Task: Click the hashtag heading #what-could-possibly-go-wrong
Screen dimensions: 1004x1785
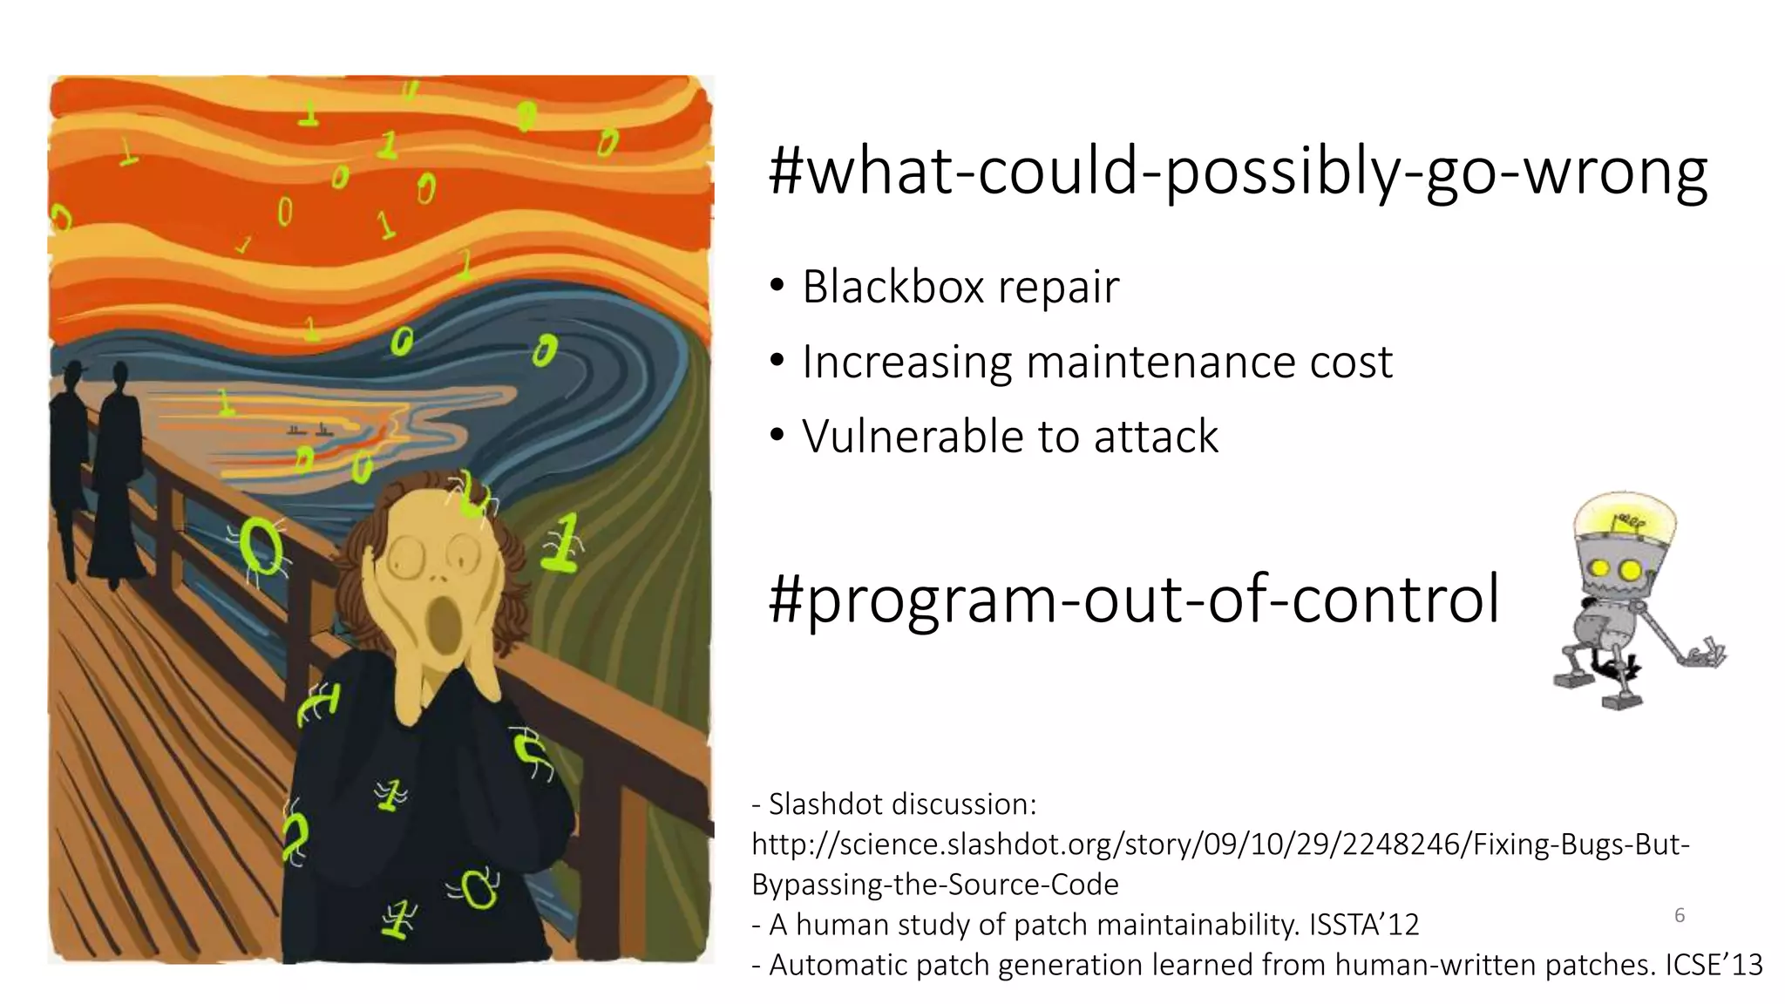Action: point(1238,173)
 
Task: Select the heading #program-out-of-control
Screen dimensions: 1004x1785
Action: point(1133,600)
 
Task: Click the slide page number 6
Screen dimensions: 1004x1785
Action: point(1680,915)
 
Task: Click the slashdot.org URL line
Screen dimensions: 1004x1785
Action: point(1220,845)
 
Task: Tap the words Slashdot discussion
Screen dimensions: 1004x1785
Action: point(903,804)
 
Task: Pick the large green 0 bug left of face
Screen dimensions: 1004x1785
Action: point(261,546)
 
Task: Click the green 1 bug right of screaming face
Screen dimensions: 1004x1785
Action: point(564,542)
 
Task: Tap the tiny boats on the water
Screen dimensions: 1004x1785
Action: point(309,430)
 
